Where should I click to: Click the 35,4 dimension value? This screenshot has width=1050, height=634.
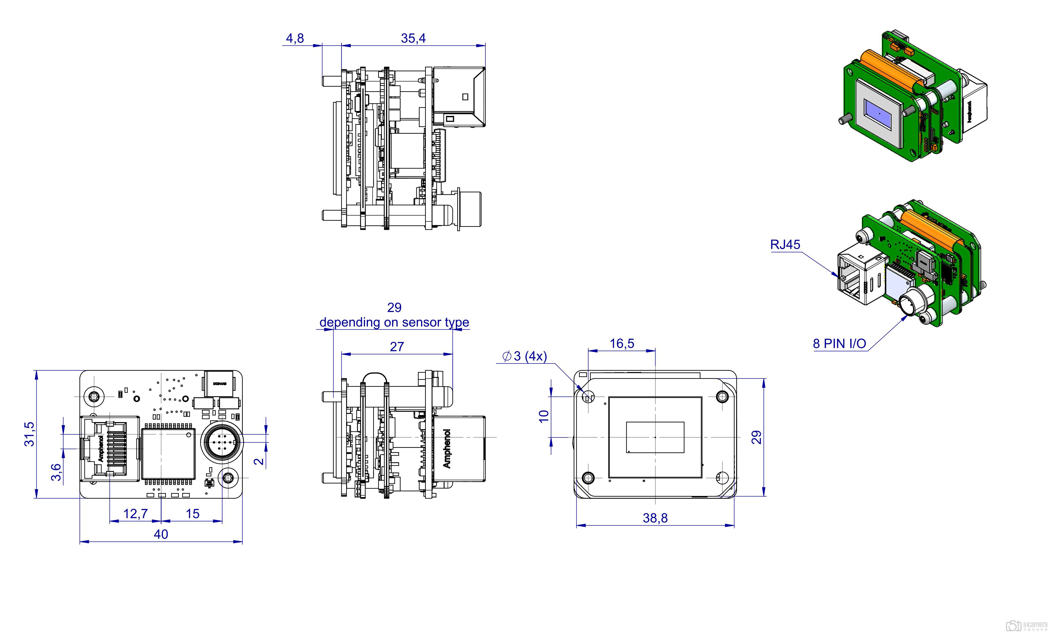[413, 38]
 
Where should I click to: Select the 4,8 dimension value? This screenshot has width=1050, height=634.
[295, 38]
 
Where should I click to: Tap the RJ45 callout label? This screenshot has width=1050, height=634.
[785, 244]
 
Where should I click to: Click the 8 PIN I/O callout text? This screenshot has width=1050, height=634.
[839, 344]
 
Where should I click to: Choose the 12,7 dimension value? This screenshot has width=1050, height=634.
[136, 513]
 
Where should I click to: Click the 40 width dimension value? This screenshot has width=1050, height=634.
[161, 534]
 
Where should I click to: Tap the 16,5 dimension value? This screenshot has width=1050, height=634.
[622, 343]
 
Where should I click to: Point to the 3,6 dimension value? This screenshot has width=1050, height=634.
[56, 472]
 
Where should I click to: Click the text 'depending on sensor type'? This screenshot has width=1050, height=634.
[394, 322]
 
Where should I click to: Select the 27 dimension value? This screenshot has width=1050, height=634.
[397, 347]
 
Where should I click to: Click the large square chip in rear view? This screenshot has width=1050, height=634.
[168, 454]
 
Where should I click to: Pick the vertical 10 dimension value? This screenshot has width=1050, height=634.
[544, 416]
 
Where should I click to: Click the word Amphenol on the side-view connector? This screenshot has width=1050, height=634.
[447, 448]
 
